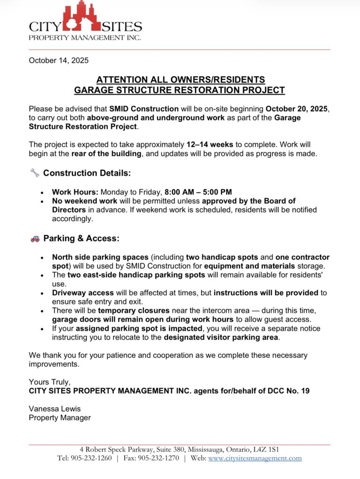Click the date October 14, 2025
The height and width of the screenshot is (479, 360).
point(58,60)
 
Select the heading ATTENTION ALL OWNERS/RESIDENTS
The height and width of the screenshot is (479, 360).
point(180,80)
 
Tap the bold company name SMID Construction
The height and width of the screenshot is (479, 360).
point(144,109)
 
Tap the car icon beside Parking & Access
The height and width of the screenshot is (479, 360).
point(35,239)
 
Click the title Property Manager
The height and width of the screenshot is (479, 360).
point(60,418)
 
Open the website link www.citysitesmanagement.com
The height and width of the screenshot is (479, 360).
point(255,458)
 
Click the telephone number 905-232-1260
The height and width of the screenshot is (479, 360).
point(92,458)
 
